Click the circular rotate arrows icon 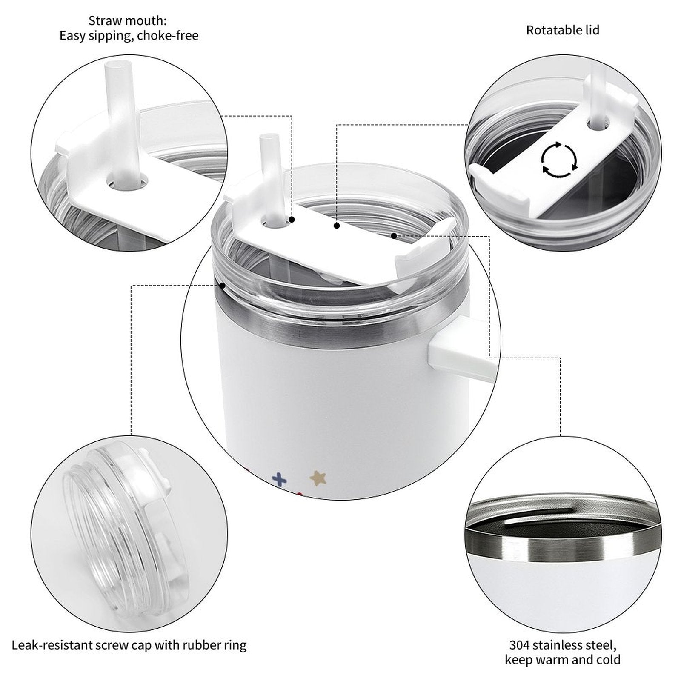pyautogui.click(x=559, y=160)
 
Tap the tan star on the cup pyautogui.click(x=318, y=478)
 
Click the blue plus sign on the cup pyautogui.click(x=279, y=479)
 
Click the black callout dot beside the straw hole pyautogui.click(x=292, y=220)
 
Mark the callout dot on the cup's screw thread pyautogui.click(x=222, y=285)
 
